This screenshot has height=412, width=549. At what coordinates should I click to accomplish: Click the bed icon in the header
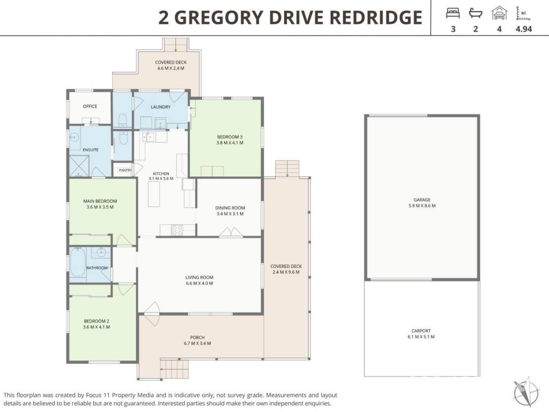(x=452, y=13)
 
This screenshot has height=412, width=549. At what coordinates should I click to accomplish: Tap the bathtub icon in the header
(x=476, y=13)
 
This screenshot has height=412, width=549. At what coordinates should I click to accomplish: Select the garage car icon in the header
(x=499, y=13)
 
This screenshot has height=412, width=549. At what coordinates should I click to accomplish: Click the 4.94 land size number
(x=524, y=29)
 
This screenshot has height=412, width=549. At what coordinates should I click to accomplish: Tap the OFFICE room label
(x=90, y=106)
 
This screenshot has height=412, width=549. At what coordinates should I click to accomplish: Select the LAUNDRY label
(x=161, y=107)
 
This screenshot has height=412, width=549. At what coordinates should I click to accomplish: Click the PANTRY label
(x=125, y=170)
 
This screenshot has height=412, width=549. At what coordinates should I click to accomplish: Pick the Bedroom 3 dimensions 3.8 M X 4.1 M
(x=229, y=143)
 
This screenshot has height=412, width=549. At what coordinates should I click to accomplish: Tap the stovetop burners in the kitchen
(x=177, y=230)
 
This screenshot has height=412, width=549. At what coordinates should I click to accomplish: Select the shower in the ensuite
(x=79, y=166)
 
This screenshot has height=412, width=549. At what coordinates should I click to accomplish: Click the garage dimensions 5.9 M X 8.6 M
(x=422, y=205)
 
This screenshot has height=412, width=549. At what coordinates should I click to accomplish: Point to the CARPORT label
(x=421, y=330)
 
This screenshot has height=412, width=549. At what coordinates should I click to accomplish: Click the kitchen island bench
(x=154, y=194)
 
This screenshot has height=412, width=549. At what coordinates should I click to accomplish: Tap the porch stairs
(x=174, y=369)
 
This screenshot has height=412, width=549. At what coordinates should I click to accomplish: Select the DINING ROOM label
(x=230, y=208)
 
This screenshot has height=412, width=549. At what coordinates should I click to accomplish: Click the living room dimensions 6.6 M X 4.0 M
(x=199, y=283)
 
